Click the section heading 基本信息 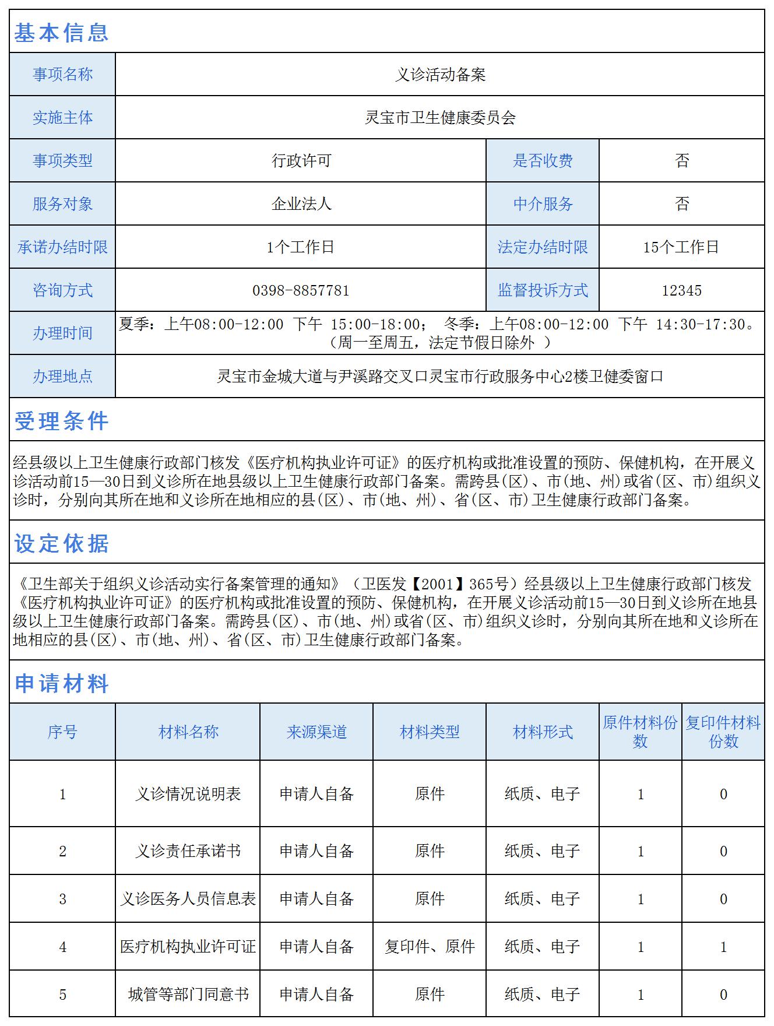(61, 33)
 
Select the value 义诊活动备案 (440, 75)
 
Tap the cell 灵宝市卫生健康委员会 (440, 118)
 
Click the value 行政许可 (301, 161)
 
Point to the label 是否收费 (543, 161)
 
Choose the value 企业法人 (301, 204)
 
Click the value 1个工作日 (301, 247)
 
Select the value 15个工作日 (681, 247)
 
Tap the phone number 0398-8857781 (301, 290)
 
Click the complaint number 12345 (681, 290)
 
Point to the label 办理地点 (62, 377)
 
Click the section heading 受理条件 (61, 421)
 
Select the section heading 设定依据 (61, 543)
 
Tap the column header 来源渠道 (316, 732)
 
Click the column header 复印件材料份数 (723, 732)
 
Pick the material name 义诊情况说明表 (188, 794)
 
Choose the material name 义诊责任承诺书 (188, 851)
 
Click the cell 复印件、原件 (430, 947)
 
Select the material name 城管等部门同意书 (188, 995)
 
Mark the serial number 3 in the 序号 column (62, 899)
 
